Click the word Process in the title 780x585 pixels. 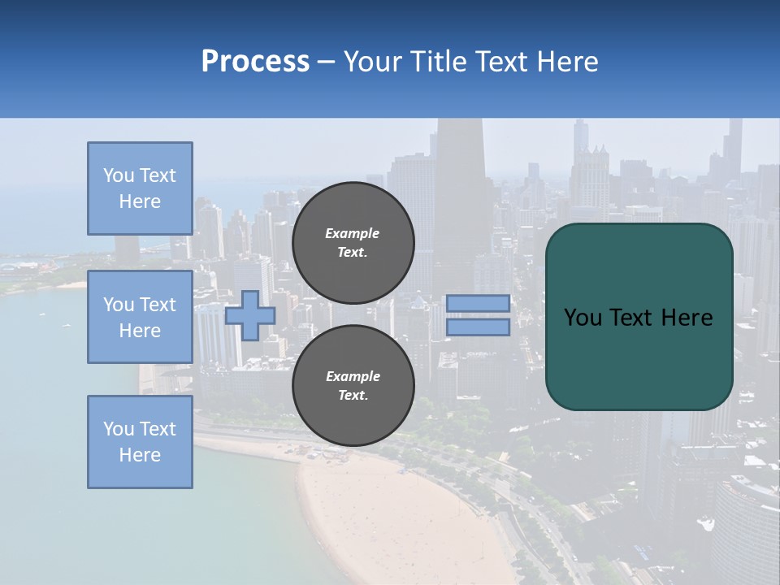(x=255, y=61)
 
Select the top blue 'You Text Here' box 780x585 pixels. (x=140, y=188)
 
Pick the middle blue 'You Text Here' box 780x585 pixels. (x=140, y=317)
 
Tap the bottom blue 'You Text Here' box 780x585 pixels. (x=140, y=442)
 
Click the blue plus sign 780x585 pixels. (x=250, y=316)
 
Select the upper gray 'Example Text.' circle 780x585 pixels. (x=353, y=243)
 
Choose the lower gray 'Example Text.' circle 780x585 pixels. (x=353, y=386)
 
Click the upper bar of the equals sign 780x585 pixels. (x=478, y=303)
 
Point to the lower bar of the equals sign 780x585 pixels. (x=478, y=327)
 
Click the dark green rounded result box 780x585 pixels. (x=639, y=357)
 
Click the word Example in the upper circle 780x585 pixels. (x=353, y=233)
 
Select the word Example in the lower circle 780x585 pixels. (x=353, y=376)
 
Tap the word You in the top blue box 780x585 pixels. (x=119, y=175)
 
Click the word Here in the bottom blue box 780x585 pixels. (x=140, y=455)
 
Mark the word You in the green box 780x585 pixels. (x=582, y=318)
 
